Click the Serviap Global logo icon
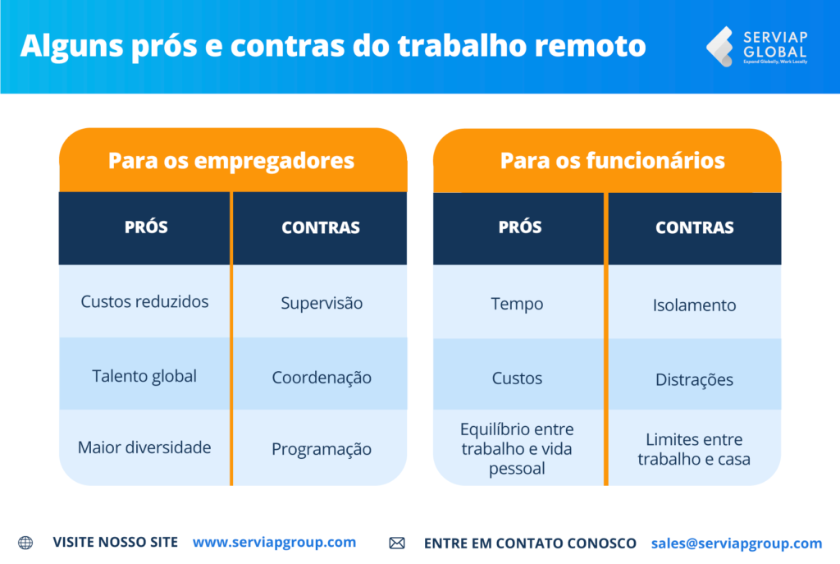(x=719, y=46)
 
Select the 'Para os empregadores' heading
(x=231, y=160)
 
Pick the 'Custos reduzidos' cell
(x=144, y=301)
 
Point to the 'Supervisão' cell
(x=322, y=303)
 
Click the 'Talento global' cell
(x=144, y=376)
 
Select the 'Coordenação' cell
(x=322, y=378)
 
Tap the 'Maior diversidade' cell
(x=144, y=447)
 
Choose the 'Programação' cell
(x=322, y=449)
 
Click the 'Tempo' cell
(x=517, y=304)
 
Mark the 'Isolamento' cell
(x=694, y=305)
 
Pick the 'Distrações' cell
(x=694, y=380)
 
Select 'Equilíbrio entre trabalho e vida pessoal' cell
(x=517, y=449)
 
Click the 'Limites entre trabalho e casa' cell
(x=694, y=449)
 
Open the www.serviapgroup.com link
(x=274, y=543)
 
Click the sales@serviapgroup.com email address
(x=736, y=543)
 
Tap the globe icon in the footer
(x=25, y=543)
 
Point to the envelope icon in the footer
(x=397, y=543)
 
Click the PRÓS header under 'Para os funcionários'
(x=520, y=227)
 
